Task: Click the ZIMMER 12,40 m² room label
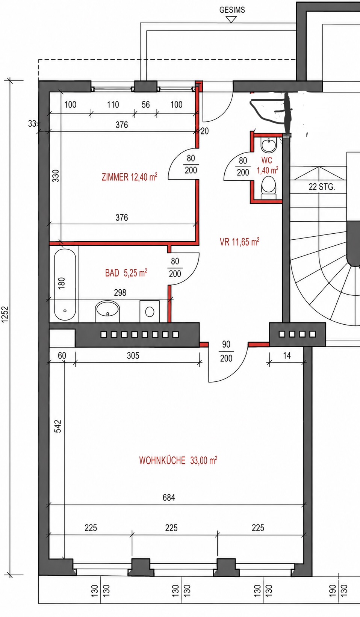click(x=129, y=177)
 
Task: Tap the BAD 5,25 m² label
click(x=126, y=273)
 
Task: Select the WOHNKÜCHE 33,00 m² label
click(x=178, y=460)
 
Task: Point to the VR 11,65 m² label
click(x=239, y=242)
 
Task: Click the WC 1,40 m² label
click(x=268, y=165)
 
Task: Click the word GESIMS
click(x=232, y=10)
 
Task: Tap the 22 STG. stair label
click(x=322, y=187)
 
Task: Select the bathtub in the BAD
click(x=65, y=285)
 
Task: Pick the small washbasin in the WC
click(x=269, y=145)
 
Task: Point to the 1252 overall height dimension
click(x=5, y=314)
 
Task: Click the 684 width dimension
click(x=169, y=498)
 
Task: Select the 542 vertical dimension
click(x=58, y=426)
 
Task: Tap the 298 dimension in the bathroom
click(x=120, y=292)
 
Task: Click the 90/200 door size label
click(x=226, y=351)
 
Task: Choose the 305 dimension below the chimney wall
click(x=133, y=355)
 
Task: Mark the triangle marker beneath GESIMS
click(x=231, y=19)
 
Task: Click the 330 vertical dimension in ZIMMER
click(x=56, y=176)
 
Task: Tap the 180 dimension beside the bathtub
click(x=61, y=283)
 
